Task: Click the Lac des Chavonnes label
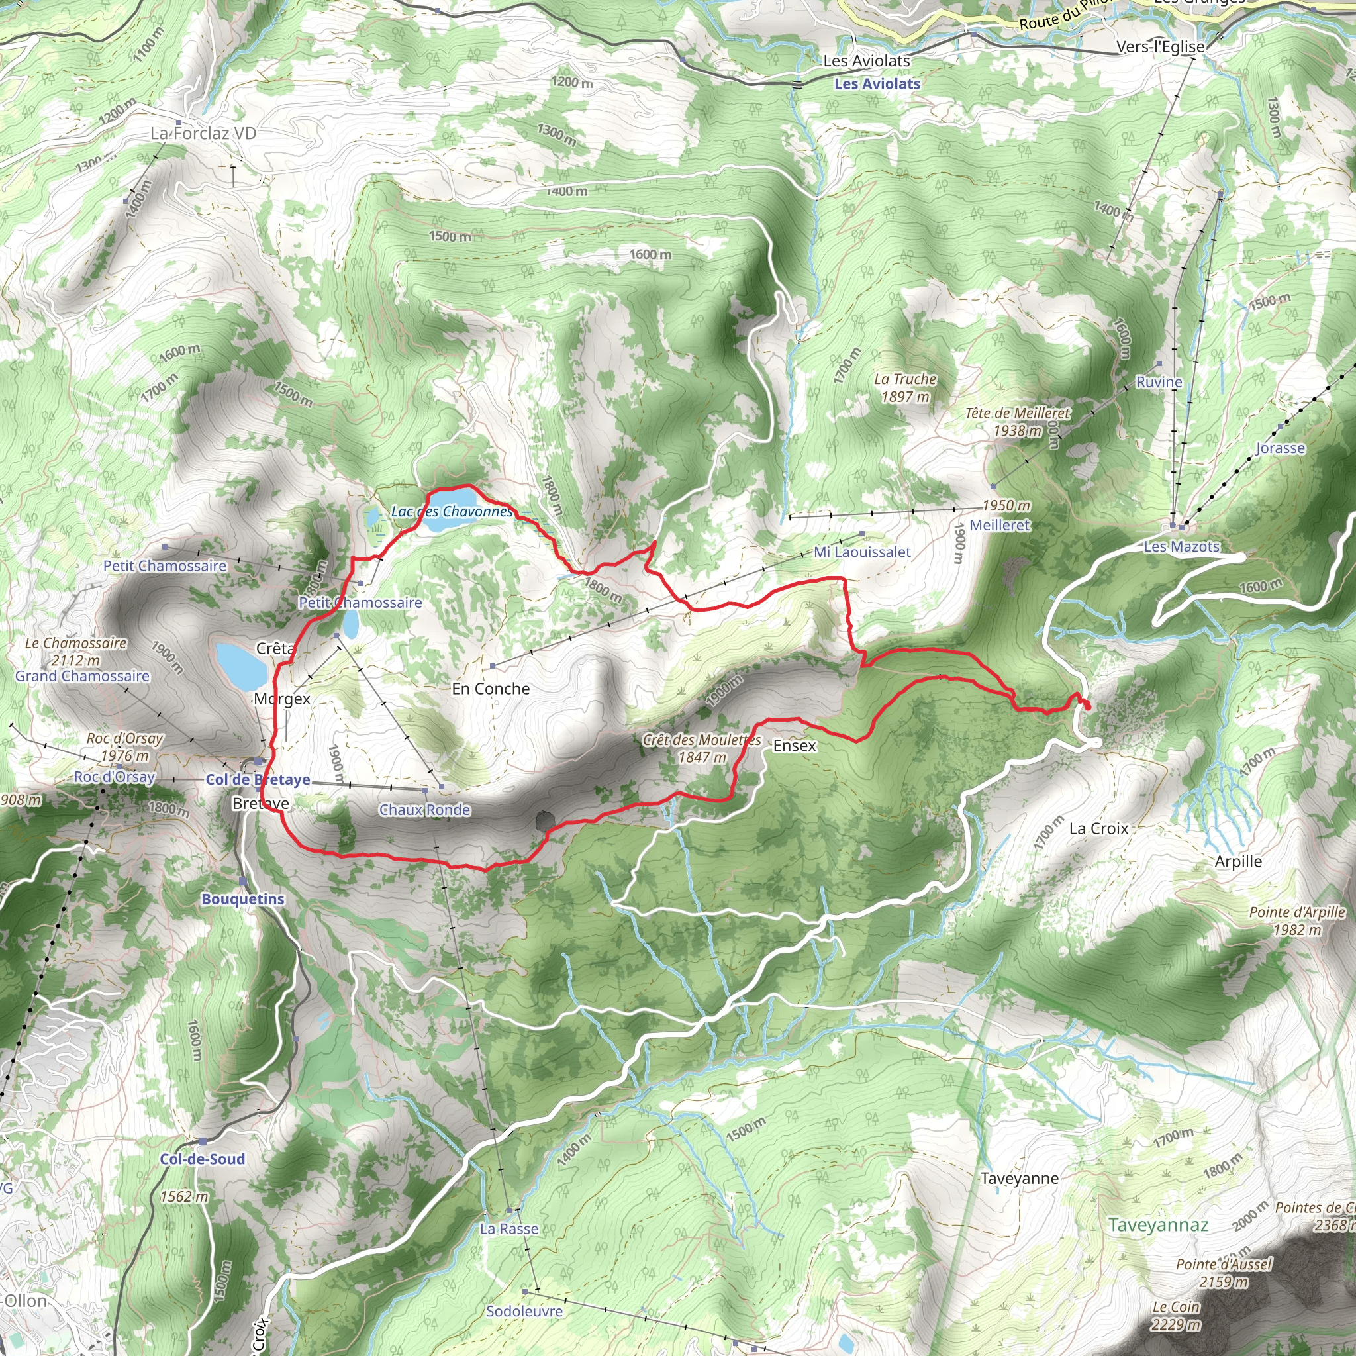coord(452,512)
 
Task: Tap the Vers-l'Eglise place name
coord(1161,47)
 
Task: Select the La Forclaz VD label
coord(203,133)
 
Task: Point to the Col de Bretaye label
coord(258,780)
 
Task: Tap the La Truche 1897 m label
coord(905,387)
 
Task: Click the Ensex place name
coord(795,746)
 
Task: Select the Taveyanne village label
coord(1019,1179)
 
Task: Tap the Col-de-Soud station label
coord(202,1159)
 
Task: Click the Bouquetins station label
coord(243,900)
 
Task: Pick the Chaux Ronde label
coord(424,810)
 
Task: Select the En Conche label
coord(491,689)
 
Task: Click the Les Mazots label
coord(1182,547)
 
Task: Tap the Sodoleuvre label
coord(524,1311)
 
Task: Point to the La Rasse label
coord(510,1229)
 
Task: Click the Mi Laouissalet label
coord(862,552)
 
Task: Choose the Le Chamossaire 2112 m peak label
coord(75,652)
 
